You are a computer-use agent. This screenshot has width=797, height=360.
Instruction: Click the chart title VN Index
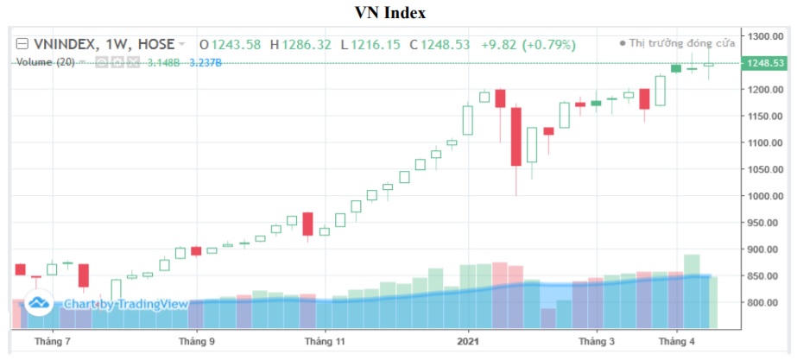click(x=391, y=13)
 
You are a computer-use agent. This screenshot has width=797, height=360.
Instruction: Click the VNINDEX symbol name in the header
click(x=66, y=44)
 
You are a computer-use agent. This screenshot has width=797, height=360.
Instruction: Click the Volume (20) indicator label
click(x=45, y=62)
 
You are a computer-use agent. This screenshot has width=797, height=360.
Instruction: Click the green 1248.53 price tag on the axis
click(x=765, y=63)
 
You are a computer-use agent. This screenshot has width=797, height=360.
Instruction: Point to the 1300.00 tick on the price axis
click(x=765, y=36)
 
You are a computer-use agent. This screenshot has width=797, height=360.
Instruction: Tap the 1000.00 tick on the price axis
click(x=765, y=196)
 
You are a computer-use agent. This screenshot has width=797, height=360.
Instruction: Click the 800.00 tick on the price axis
click(x=765, y=303)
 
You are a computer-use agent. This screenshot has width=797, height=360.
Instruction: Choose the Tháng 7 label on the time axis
click(x=51, y=342)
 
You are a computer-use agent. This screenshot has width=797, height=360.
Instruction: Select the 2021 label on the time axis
click(x=468, y=342)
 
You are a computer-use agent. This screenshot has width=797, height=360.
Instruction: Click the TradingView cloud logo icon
click(x=38, y=303)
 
